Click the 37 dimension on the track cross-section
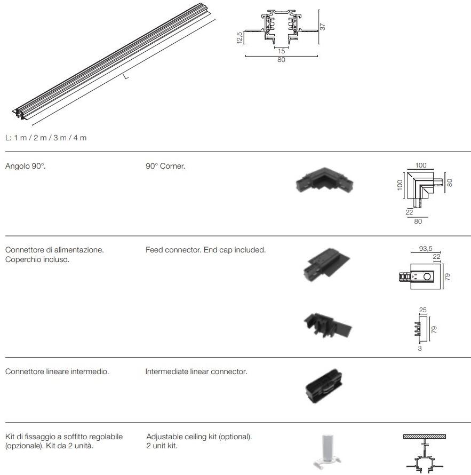click(323, 27)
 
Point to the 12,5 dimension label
click(240, 38)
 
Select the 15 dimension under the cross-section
click(281, 51)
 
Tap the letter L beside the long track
click(126, 76)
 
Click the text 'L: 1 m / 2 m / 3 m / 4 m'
click(46, 138)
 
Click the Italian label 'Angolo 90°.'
click(26, 166)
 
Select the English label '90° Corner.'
click(165, 166)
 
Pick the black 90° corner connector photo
click(324, 181)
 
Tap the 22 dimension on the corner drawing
click(409, 212)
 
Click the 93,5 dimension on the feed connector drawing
click(426, 249)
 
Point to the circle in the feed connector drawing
click(427, 276)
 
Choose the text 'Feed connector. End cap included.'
click(205, 250)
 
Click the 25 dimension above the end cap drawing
click(423, 310)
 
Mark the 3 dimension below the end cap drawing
click(420, 349)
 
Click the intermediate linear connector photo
click(324, 386)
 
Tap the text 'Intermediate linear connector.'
click(196, 371)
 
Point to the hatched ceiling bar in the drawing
click(425, 437)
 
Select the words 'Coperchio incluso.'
click(37, 259)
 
